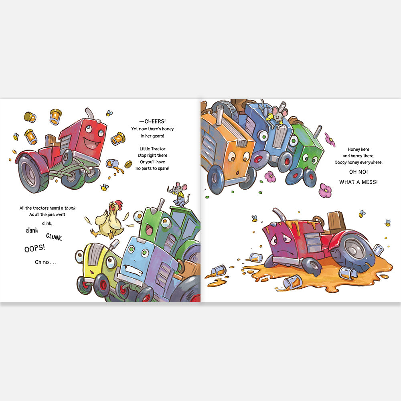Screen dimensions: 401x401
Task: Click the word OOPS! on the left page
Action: point(34,248)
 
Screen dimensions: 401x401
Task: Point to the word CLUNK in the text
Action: point(54,237)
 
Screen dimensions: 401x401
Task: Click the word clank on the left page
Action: point(32,231)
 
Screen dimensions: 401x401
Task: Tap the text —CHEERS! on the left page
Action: point(152,121)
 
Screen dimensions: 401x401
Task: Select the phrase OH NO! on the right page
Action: point(358,172)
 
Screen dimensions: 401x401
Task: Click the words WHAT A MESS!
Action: point(358,182)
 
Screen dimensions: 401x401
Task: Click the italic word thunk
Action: point(70,208)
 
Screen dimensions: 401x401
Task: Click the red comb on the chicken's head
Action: point(118,204)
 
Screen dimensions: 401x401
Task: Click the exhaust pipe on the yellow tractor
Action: point(114,244)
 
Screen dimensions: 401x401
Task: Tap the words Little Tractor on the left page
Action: point(152,149)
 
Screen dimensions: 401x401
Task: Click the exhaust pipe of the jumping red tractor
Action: point(89,113)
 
